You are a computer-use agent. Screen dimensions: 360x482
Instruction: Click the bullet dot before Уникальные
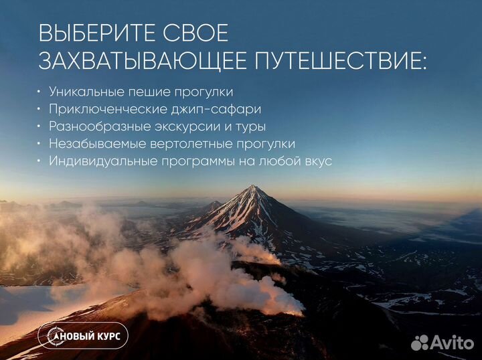pos(39,91)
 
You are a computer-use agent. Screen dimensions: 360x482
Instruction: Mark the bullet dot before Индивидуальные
pos(39,161)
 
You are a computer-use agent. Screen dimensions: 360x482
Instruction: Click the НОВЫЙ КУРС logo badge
pos(83,336)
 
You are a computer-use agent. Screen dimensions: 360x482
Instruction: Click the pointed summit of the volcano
pos(254,187)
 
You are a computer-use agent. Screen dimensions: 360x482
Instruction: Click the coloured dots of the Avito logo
pos(420,342)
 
